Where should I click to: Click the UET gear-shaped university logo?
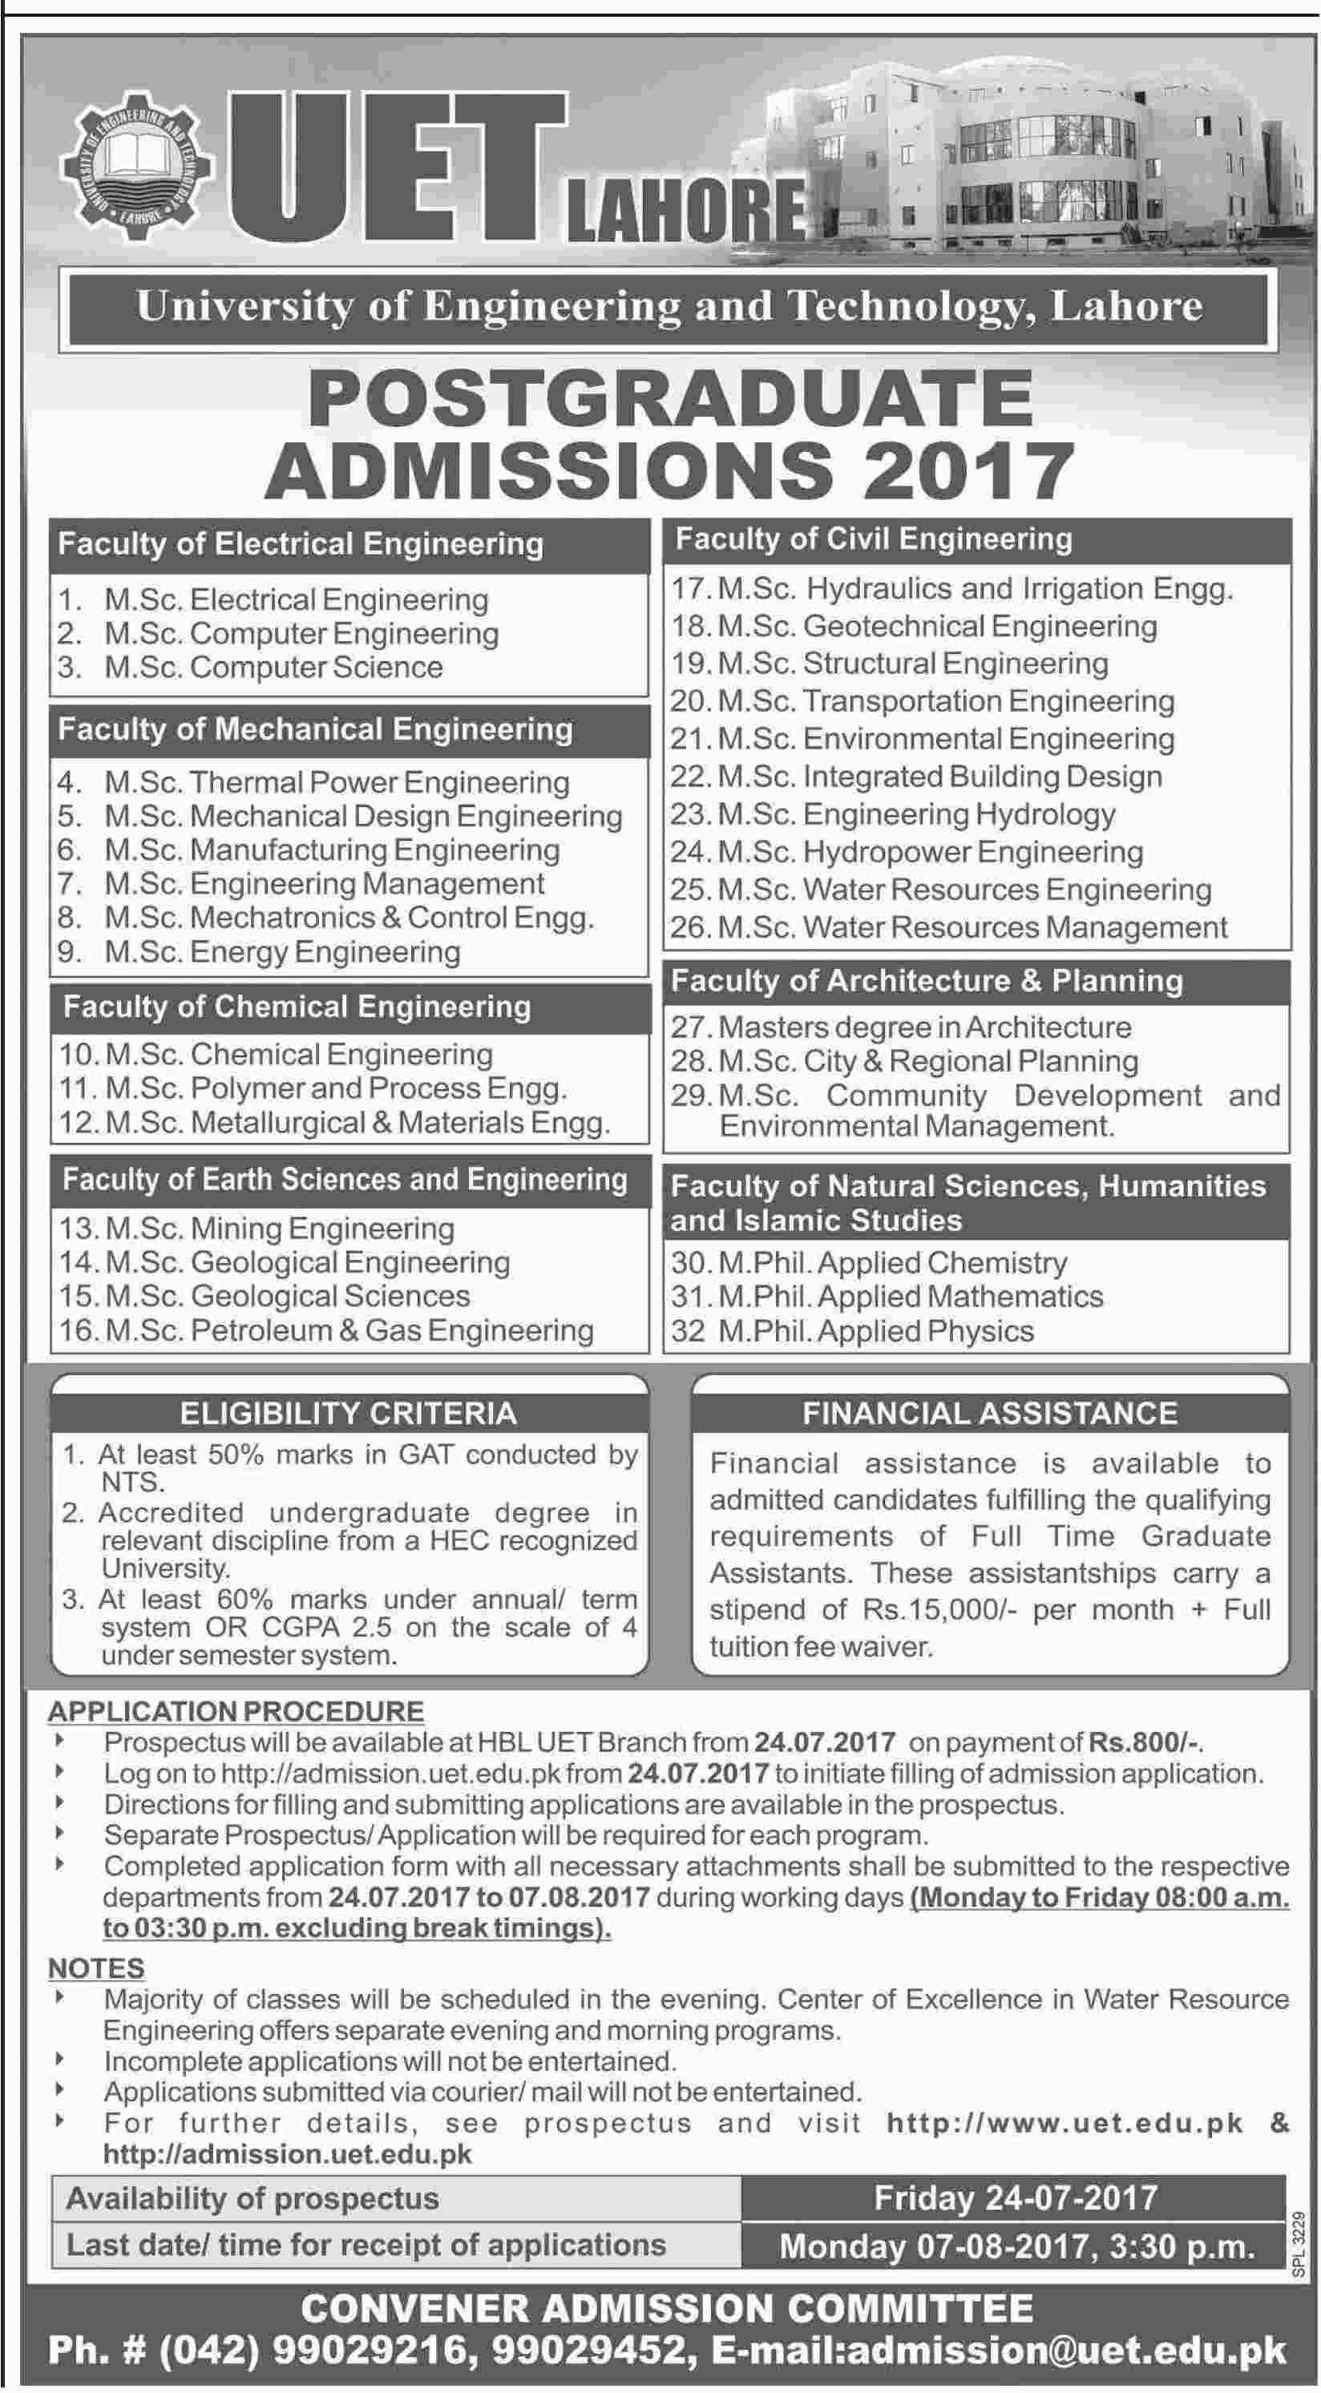point(138,168)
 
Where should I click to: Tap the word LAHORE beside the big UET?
point(686,210)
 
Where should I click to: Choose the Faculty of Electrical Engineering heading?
point(301,543)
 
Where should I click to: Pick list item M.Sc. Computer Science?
point(273,667)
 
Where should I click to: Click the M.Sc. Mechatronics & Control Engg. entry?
point(349,918)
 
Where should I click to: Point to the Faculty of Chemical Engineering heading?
point(297,1007)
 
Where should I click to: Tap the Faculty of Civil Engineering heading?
point(873,539)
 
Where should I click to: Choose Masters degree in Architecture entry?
point(924,1027)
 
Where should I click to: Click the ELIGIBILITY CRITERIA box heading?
point(349,1413)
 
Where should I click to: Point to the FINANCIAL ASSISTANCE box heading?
point(989,1413)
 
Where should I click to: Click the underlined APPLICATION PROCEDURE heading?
point(236,1711)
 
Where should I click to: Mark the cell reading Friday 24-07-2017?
point(1016,2198)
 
